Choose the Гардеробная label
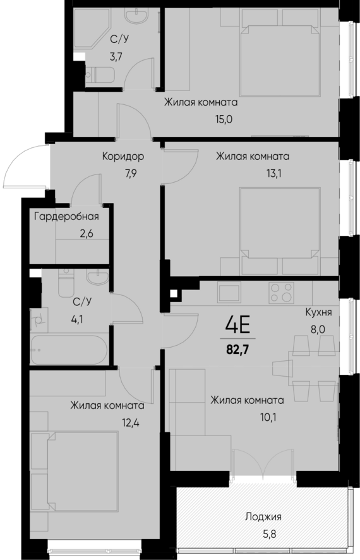coord(66,217)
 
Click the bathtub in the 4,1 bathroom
coord(70,350)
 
